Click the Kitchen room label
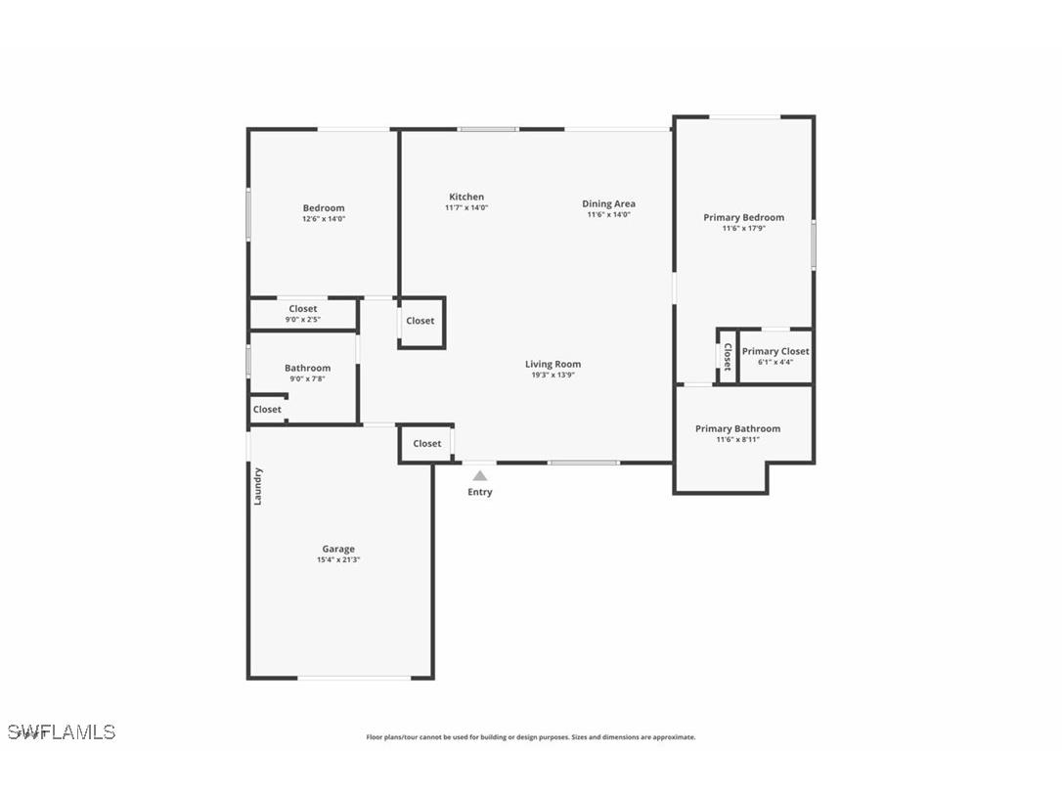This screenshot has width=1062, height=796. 466,197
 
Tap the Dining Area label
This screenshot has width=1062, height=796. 608,203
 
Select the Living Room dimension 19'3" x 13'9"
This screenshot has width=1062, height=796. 553,375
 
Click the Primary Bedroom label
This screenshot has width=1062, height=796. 743,217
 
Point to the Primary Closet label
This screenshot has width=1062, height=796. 774,351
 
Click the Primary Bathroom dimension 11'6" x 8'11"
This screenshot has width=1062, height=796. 737,440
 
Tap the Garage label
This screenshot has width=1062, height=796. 338,549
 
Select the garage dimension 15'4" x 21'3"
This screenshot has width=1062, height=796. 338,559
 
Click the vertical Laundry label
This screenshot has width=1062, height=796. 258,486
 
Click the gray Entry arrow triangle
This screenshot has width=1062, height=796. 479,475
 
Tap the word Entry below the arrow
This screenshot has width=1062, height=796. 479,492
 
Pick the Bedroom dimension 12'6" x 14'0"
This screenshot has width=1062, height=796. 323,219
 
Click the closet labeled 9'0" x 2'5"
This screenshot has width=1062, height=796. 302,314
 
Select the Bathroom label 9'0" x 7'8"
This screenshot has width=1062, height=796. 307,373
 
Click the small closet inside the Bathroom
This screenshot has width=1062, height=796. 267,410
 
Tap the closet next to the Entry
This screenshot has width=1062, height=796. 426,443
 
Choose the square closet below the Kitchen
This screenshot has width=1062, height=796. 420,321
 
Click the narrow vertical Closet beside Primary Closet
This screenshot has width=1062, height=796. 727,356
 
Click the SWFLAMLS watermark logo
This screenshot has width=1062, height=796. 62,731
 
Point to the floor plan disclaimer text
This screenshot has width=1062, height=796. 530,737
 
